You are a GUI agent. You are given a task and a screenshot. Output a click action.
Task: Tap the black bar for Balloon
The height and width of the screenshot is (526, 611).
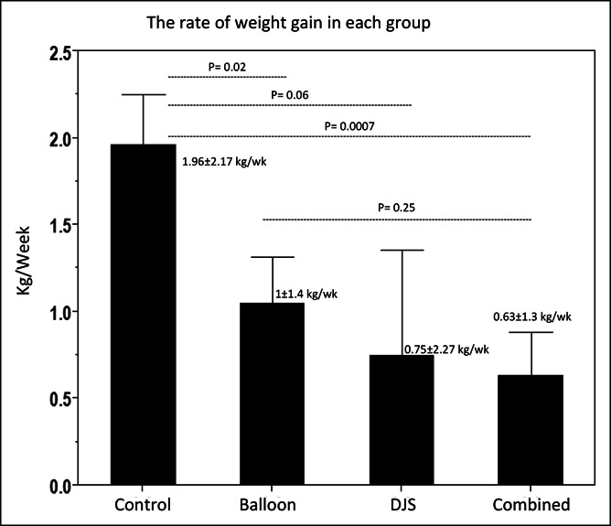point(272,393)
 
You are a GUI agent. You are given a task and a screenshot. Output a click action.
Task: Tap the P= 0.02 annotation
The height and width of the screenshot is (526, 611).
point(227,67)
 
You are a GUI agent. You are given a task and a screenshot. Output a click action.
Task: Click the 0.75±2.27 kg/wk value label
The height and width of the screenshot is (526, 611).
point(446,349)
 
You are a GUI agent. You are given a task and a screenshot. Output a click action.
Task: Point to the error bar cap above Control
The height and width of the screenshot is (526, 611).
point(143,94)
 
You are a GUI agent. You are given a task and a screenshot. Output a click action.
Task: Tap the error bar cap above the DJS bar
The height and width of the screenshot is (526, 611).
point(401,250)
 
